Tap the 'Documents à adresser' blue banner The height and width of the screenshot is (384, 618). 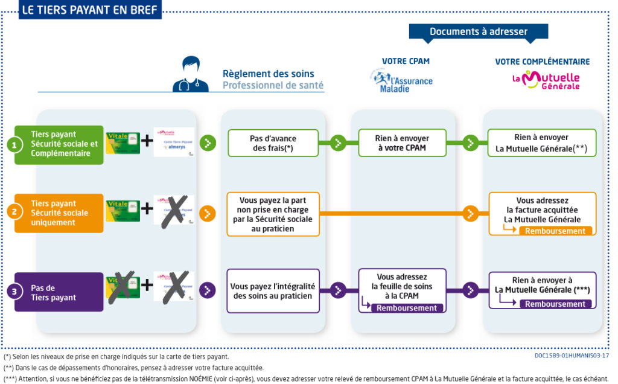[x=479, y=32]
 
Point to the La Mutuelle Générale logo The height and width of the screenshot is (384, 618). [x=546, y=80]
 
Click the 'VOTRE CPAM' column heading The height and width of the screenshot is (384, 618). [x=406, y=61]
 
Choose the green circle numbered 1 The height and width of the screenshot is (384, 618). [x=14, y=144]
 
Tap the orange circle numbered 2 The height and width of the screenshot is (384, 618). [x=14, y=212]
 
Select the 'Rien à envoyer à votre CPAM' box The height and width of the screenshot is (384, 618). [x=402, y=142]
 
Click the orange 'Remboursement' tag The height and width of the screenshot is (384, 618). [x=555, y=231]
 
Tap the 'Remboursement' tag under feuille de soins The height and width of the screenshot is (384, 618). [x=406, y=308]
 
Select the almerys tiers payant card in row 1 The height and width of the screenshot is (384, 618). [x=174, y=142]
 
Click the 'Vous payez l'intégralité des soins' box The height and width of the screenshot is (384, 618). [x=273, y=290]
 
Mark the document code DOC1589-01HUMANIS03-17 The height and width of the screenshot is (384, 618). [x=572, y=356]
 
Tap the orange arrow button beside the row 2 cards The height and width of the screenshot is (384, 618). [x=207, y=213]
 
